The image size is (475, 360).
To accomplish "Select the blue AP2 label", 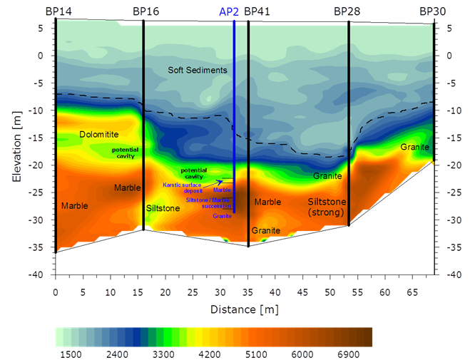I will pos(228,11).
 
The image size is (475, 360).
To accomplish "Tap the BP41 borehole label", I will pos(257,11).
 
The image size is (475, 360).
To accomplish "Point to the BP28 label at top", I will pos(347,11).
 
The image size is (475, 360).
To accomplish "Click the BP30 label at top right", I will pos(432,11).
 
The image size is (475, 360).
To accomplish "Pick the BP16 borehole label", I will pos(146,11).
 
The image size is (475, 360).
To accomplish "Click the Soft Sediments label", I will pos(198,70).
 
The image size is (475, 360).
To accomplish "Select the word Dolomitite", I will pos(98,134).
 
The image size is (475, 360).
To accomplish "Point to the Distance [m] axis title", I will pos(244,309).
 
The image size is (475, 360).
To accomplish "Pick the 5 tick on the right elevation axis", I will pos(449,28).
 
